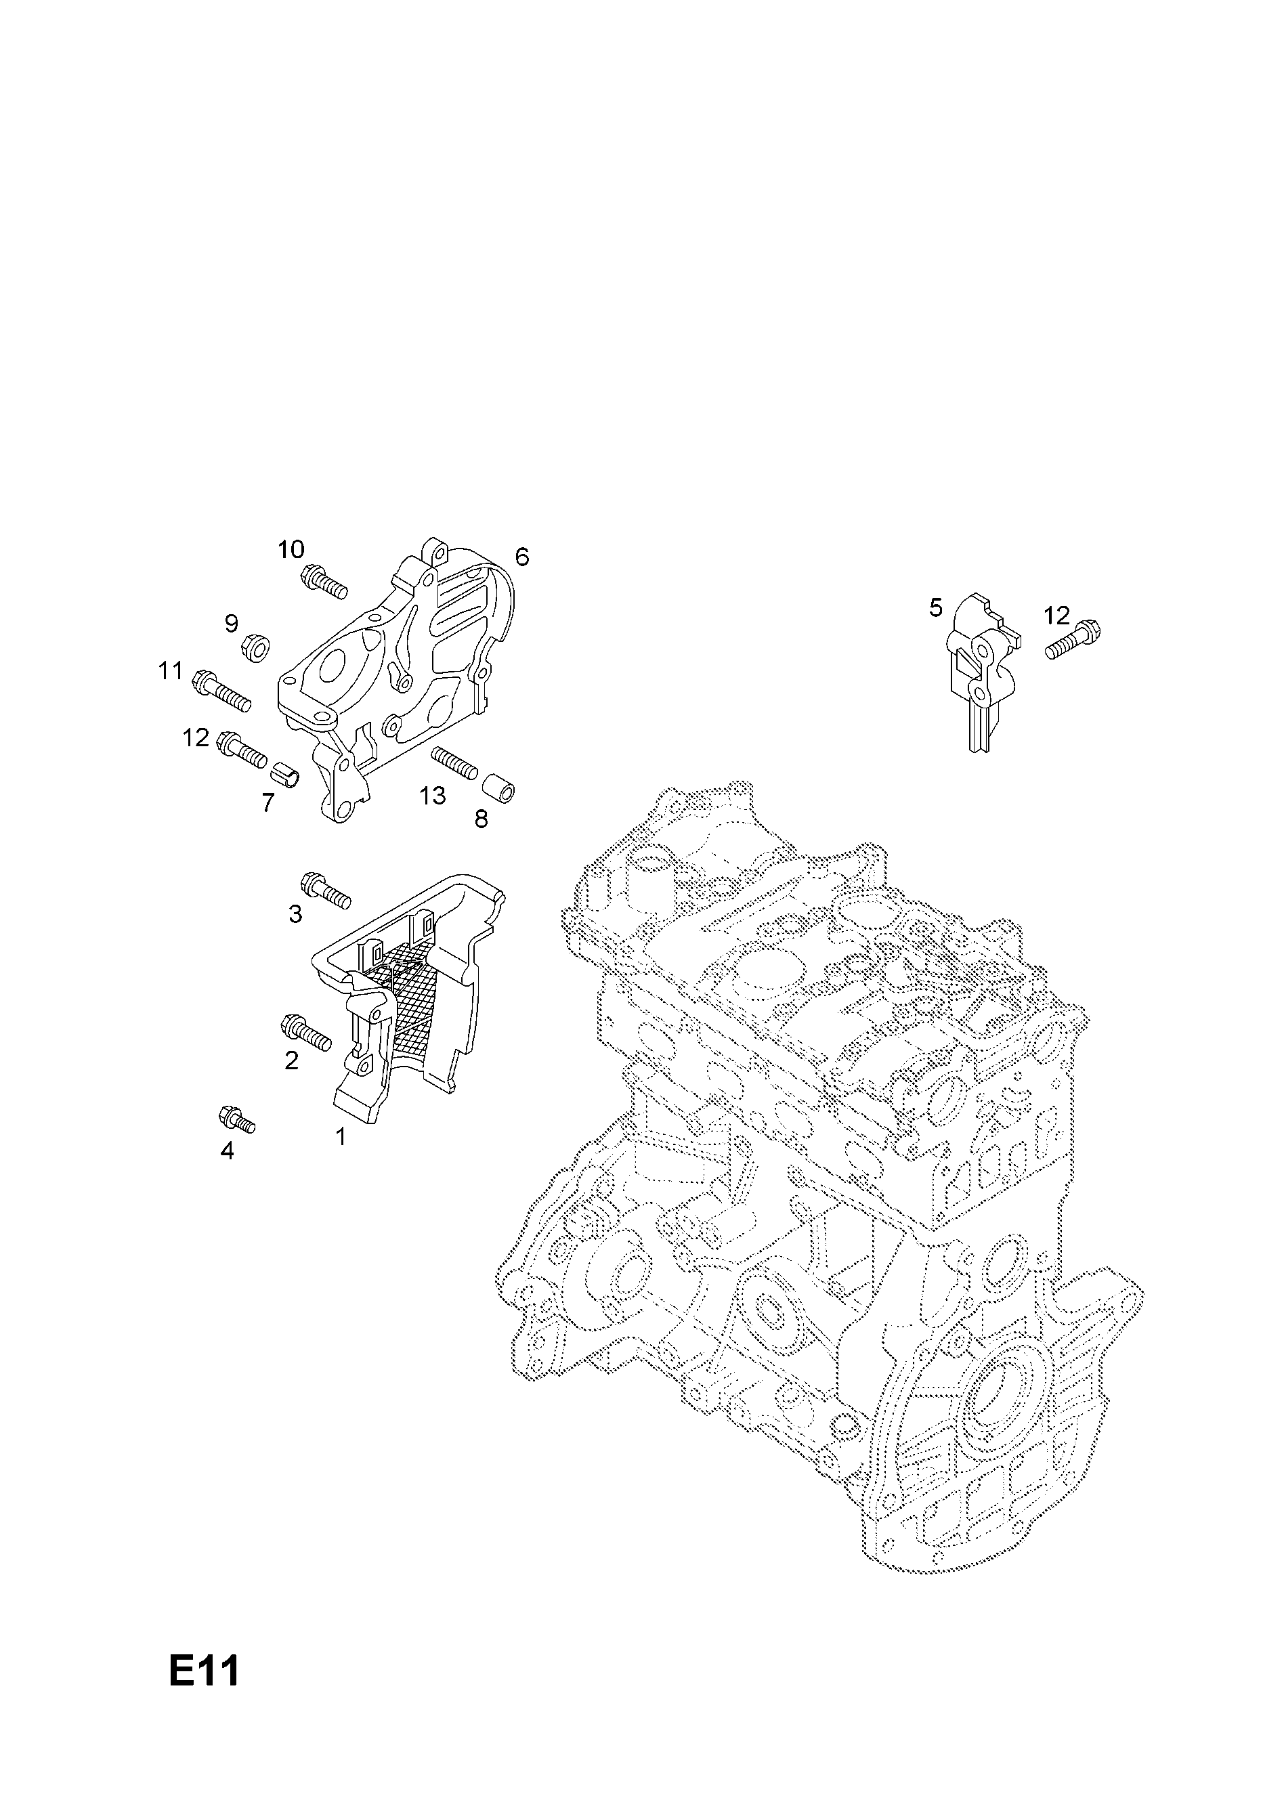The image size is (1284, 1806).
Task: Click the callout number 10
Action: tap(291, 549)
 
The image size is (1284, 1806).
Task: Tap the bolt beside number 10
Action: tap(324, 582)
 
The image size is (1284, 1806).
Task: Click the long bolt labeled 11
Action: tap(221, 689)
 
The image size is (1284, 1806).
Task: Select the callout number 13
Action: tap(433, 795)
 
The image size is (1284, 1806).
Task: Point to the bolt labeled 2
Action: tap(306, 1034)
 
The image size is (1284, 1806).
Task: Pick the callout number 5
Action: tap(936, 608)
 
